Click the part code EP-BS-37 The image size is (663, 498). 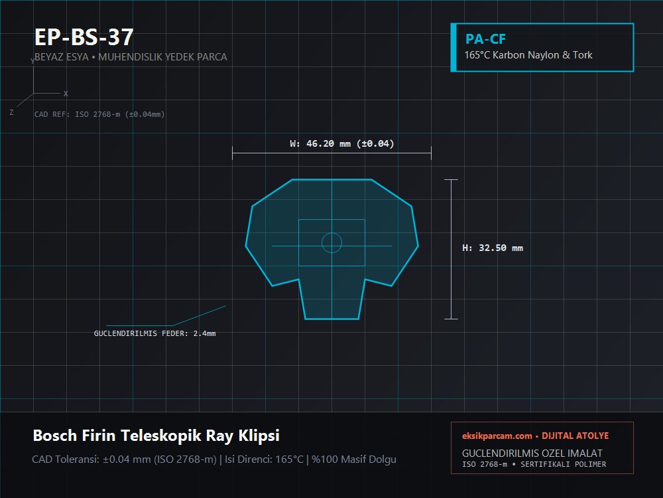point(84,37)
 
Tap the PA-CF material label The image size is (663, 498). point(485,39)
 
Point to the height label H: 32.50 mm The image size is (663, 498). point(493,248)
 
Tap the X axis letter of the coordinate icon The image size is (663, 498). point(66,94)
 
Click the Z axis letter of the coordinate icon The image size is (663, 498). point(11,112)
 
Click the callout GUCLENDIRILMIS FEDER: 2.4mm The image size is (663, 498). point(154,333)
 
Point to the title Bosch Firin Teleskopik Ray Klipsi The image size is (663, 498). point(156,436)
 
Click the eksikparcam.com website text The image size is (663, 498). point(497,436)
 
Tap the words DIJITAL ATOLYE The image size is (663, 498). point(575,436)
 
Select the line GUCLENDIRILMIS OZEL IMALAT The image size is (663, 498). point(532,453)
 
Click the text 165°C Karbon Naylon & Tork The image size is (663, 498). point(528,55)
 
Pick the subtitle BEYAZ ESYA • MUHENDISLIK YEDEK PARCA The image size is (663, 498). point(131,56)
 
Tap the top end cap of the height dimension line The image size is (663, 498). point(451,179)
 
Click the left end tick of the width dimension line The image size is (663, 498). point(233,153)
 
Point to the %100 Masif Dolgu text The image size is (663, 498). point(354,459)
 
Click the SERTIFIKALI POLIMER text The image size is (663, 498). point(563,464)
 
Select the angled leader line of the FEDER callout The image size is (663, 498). point(199,316)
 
